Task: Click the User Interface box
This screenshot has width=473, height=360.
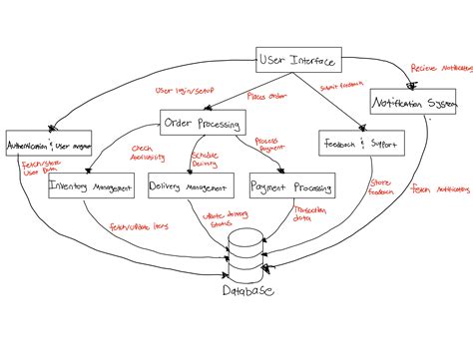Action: (297, 60)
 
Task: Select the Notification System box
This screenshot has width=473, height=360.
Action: (414, 103)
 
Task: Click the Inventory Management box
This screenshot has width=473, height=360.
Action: (93, 185)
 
